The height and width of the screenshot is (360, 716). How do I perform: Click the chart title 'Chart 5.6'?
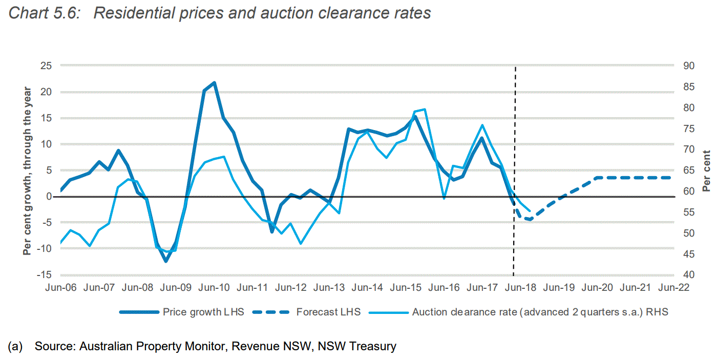click(x=220, y=13)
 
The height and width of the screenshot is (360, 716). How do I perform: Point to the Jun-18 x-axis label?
click(x=520, y=288)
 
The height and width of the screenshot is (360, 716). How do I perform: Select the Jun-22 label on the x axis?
click(x=673, y=288)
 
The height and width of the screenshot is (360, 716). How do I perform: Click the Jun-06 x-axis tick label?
click(x=61, y=288)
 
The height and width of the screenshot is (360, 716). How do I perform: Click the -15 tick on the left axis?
click(x=45, y=275)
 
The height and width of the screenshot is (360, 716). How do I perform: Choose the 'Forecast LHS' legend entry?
click(x=328, y=312)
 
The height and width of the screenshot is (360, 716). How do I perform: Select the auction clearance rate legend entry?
click(x=540, y=312)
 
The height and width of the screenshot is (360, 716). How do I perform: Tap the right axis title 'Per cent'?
click(x=706, y=171)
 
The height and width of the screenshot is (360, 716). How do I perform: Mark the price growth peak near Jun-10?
click(x=214, y=82)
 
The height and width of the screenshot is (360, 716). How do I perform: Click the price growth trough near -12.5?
click(x=166, y=261)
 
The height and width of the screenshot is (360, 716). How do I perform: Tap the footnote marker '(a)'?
click(x=15, y=347)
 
